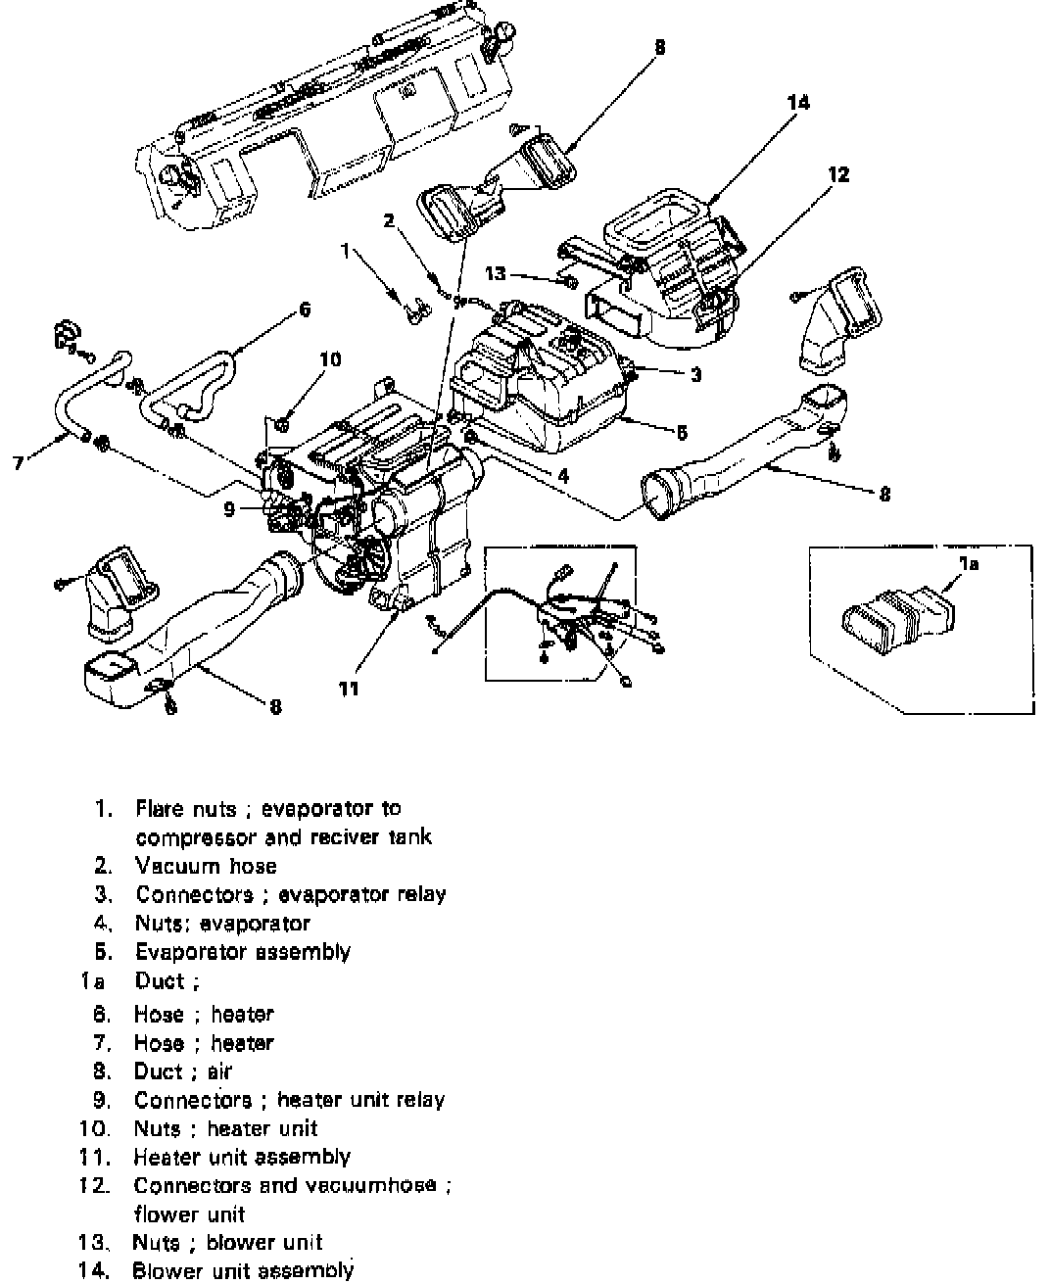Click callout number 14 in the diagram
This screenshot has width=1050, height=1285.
tap(799, 102)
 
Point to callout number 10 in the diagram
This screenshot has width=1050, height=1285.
tap(330, 360)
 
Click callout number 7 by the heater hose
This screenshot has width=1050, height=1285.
tap(19, 462)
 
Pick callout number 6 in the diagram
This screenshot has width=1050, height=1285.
tap(305, 309)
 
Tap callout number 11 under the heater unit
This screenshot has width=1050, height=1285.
tap(349, 689)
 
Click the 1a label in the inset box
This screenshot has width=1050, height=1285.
tap(968, 563)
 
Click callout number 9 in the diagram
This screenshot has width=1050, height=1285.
tap(229, 509)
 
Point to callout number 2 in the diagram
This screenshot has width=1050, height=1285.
tap(389, 221)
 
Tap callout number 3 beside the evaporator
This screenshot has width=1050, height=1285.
tap(695, 375)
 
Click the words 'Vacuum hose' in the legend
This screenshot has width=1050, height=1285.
tap(206, 866)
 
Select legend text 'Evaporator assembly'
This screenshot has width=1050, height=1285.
tap(242, 951)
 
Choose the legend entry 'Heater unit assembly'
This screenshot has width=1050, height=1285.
tap(242, 1157)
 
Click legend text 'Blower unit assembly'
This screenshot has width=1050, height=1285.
tap(242, 1270)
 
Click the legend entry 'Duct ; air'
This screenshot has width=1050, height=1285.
tap(183, 1071)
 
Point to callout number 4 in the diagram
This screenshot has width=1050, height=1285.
tap(563, 477)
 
